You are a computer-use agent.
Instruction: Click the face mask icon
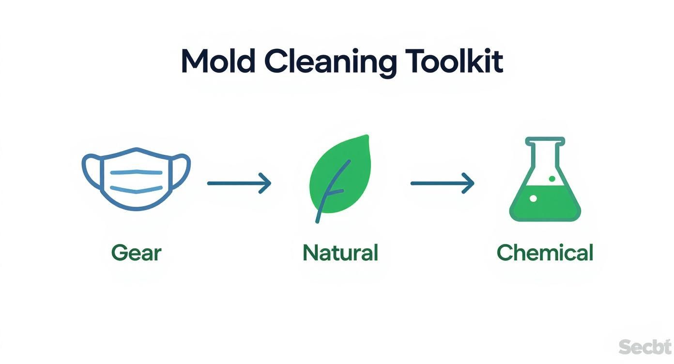(x=137, y=179)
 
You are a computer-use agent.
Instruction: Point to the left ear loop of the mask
(x=90, y=172)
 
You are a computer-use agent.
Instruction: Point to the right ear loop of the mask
(x=183, y=172)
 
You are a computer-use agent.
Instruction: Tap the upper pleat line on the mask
(x=136, y=172)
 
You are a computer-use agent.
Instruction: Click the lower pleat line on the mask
(x=136, y=188)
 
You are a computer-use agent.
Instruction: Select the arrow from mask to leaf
(x=239, y=183)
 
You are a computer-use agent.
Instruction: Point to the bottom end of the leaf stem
(x=318, y=221)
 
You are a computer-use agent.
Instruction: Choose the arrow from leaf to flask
(x=442, y=183)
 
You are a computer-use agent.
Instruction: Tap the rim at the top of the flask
(x=545, y=141)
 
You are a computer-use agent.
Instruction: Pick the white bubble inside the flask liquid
(x=533, y=198)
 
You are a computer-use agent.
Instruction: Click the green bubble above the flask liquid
(x=552, y=179)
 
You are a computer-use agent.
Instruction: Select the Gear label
(x=136, y=253)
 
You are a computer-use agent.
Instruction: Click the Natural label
(x=340, y=253)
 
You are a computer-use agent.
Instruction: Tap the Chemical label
(x=545, y=253)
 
